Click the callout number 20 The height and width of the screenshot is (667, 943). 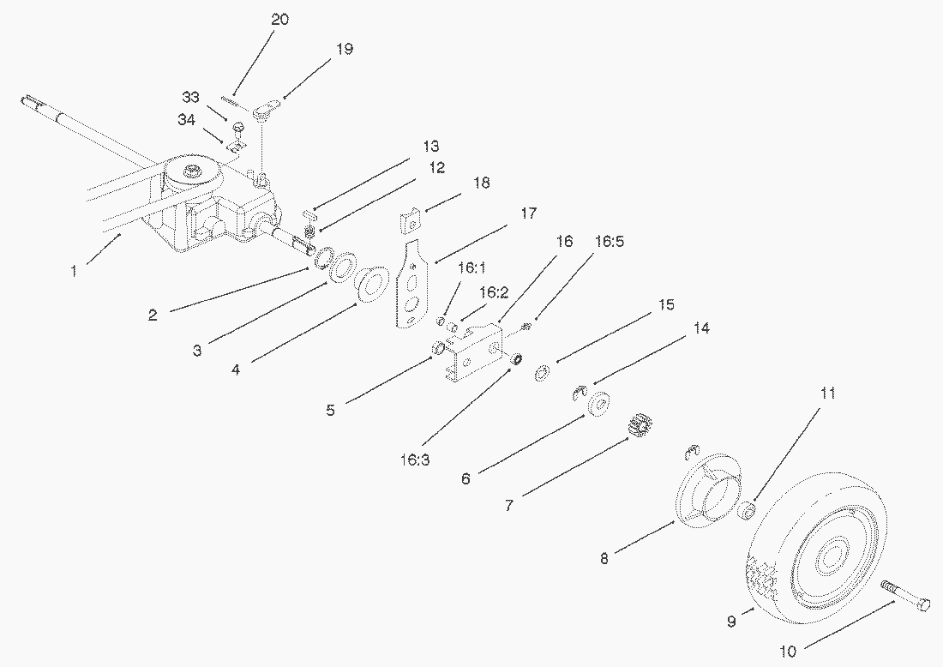(279, 19)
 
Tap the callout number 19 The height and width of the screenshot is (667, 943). (344, 49)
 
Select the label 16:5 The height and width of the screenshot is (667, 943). (609, 241)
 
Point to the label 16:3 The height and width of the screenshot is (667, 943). (414, 460)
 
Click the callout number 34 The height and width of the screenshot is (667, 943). (186, 120)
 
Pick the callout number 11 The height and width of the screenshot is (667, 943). (827, 394)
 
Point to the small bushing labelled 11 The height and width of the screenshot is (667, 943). (747, 511)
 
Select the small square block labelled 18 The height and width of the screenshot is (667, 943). (410, 220)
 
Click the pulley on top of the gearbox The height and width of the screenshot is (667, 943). (192, 171)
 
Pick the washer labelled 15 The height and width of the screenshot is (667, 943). (543, 373)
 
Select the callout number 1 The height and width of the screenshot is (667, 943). (74, 271)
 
